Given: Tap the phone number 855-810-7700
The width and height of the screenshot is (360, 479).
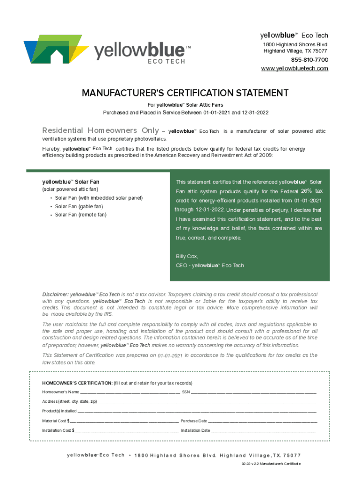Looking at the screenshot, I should pos(310,60).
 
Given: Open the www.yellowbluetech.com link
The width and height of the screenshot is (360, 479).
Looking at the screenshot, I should pos(294,69).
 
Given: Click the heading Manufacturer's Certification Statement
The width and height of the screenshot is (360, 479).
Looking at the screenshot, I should pos(185,93).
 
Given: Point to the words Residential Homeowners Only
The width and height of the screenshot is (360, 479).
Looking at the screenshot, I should pos(100,131).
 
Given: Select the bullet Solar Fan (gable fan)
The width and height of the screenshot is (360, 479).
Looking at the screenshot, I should pos(79,206).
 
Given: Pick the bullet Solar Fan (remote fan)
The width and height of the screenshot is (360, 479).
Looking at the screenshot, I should pos(80,215).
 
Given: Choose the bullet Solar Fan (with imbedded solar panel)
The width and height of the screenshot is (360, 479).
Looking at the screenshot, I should pos(98,198).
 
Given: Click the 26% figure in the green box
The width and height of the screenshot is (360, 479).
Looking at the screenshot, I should pos(306,191).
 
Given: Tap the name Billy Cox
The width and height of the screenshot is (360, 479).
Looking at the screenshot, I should pos(187,256).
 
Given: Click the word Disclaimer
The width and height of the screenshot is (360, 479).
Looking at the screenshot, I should pos(55,294).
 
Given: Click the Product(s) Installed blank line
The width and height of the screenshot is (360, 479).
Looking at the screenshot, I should pos(197,412).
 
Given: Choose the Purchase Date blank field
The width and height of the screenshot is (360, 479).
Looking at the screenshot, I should pos(262,421).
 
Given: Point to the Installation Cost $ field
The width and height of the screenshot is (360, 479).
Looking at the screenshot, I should pos(126,430).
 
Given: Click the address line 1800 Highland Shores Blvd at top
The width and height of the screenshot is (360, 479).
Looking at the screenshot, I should pos(294,44).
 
